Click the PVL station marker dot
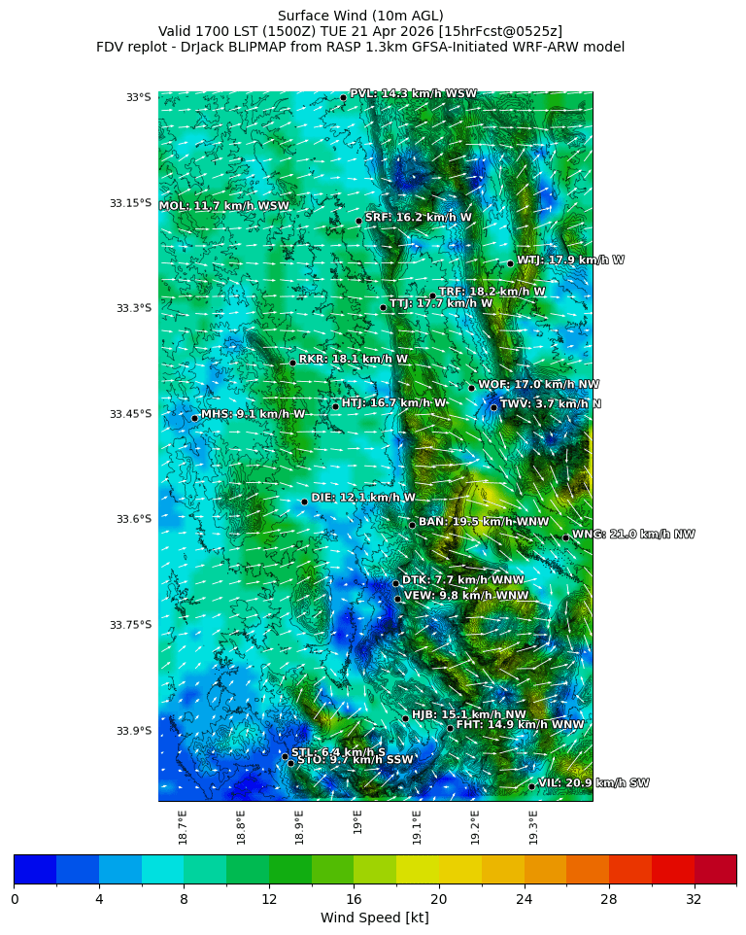[x=343, y=97]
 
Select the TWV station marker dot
[x=493, y=407]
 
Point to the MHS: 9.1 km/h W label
[x=253, y=414]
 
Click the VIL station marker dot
[x=531, y=786]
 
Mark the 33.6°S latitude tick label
[x=134, y=519]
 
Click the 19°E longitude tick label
[x=358, y=822]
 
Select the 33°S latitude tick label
[x=138, y=97]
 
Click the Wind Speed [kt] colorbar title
[x=374, y=918]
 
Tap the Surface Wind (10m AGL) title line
[x=360, y=16]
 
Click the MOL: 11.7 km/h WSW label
[x=224, y=206]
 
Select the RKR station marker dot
[x=292, y=363]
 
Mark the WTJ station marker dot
[x=510, y=263]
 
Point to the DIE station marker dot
[x=304, y=502]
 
